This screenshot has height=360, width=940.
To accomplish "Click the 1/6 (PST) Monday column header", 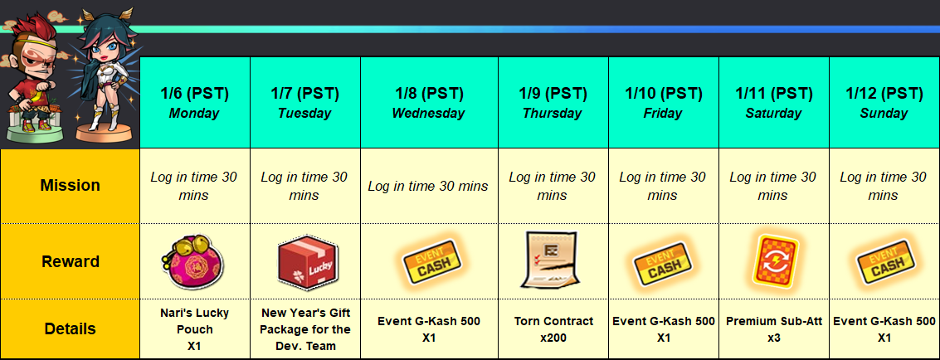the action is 195,102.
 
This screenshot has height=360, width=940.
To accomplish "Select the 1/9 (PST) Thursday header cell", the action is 553,102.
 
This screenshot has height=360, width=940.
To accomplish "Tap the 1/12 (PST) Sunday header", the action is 884,102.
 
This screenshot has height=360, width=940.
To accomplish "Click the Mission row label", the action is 71,186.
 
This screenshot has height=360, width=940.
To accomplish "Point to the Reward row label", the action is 71,262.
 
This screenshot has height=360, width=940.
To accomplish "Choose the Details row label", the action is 71,328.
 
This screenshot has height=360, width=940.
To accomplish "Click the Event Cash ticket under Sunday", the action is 885,262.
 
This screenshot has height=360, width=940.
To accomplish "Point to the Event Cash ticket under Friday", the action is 663,262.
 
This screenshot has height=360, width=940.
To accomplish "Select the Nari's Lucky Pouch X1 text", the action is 195,329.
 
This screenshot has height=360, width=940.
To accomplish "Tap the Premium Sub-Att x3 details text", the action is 774,329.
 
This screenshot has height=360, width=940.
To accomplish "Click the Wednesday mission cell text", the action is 428,187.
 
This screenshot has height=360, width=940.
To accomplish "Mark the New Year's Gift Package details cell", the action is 306,329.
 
